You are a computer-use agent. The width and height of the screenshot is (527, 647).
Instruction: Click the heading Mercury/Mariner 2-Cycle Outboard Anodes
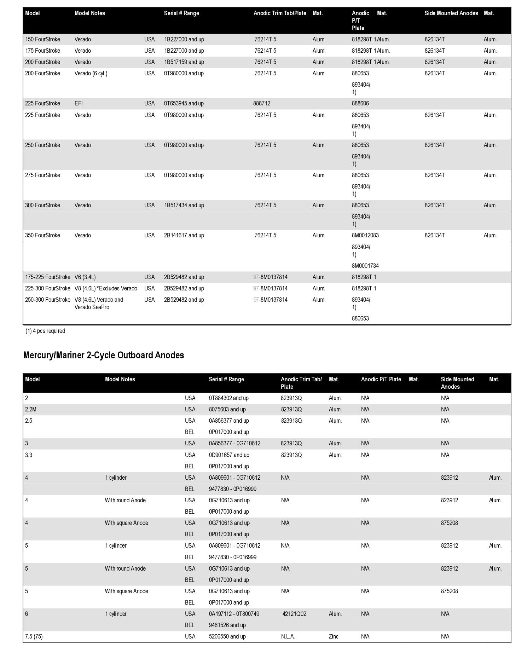point(103,355)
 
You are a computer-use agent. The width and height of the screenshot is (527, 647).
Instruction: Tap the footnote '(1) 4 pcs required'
point(45,331)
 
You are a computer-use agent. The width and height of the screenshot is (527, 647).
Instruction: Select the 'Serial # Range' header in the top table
point(181,13)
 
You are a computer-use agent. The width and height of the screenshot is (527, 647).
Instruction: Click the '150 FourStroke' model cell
point(42,39)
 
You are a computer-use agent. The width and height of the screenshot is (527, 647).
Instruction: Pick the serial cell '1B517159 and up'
point(184,62)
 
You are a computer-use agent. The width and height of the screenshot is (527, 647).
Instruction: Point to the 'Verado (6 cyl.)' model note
point(91,73)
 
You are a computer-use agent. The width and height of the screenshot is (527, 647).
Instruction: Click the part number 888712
point(262,103)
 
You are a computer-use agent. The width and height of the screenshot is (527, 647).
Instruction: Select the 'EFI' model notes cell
point(79,103)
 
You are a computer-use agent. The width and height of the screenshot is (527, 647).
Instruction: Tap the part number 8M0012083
point(365,235)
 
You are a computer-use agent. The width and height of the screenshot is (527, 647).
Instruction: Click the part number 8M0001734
point(365,266)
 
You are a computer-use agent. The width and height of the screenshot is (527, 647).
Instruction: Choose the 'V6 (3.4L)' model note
point(85,277)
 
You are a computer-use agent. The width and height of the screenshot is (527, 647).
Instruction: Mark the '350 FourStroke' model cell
point(42,235)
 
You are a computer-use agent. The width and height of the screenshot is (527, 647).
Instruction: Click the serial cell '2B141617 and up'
point(184,235)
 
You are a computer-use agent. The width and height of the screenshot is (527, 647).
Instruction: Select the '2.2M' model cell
point(31,409)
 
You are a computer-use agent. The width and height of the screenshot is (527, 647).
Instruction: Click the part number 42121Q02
point(294,614)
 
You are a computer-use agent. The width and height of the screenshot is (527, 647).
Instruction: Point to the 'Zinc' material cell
point(334,636)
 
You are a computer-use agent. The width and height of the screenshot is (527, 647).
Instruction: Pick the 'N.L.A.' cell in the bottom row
point(288,636)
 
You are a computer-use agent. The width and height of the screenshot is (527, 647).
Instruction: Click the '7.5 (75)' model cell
point(34,636)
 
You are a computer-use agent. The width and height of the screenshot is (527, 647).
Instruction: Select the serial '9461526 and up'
point(227,625)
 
